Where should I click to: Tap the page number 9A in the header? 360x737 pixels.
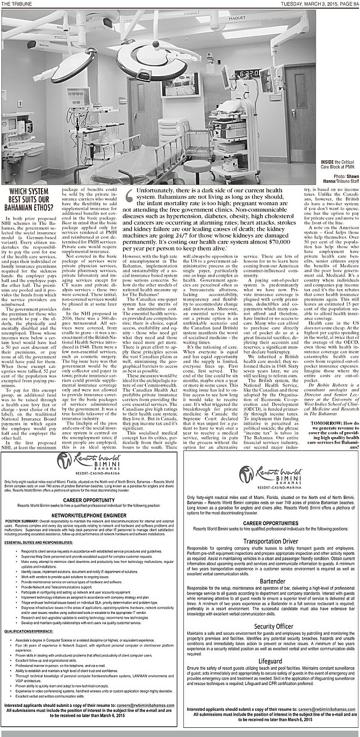click(353, 4)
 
